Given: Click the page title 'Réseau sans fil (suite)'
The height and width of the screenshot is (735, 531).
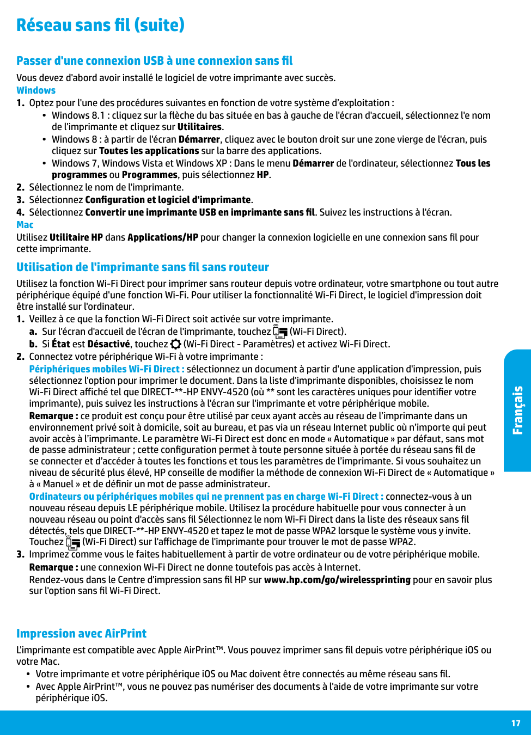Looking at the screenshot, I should (100, 25).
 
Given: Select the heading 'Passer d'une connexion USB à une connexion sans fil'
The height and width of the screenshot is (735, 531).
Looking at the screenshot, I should (154, 61).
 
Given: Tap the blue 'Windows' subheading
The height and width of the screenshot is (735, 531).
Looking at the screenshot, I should (36, 90).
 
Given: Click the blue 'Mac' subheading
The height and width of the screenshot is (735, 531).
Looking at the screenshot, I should (25, 225).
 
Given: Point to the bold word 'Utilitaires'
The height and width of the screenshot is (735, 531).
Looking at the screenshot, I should (199, 127).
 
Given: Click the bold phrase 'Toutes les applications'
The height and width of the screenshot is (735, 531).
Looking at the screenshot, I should (149, 151).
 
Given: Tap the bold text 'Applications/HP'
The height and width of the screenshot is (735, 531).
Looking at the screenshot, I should (163, 237).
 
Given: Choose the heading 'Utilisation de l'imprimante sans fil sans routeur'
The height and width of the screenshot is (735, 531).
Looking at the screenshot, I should (143, 267).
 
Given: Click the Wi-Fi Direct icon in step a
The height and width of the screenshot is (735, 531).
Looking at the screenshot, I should (280, 332).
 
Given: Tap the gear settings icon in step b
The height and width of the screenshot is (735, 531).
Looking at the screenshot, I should (175, 344).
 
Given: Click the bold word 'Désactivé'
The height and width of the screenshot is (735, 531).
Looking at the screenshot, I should (108, 344).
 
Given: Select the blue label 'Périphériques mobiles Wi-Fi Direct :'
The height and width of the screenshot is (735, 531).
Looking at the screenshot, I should (107, 369).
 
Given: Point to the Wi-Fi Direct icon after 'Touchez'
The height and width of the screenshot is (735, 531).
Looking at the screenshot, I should (72, 542).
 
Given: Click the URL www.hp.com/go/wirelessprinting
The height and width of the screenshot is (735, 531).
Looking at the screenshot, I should (337, 580).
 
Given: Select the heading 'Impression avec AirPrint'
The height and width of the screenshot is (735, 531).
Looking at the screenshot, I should (81, 634).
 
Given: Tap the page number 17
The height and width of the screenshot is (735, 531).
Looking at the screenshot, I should (516, 723).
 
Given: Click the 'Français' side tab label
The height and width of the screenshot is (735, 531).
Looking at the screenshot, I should (517, 410).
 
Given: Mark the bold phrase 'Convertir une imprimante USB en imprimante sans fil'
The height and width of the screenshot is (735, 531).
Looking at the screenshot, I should (200, 212).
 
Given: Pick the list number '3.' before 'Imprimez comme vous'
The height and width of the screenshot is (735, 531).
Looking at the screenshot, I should (21, 554).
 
